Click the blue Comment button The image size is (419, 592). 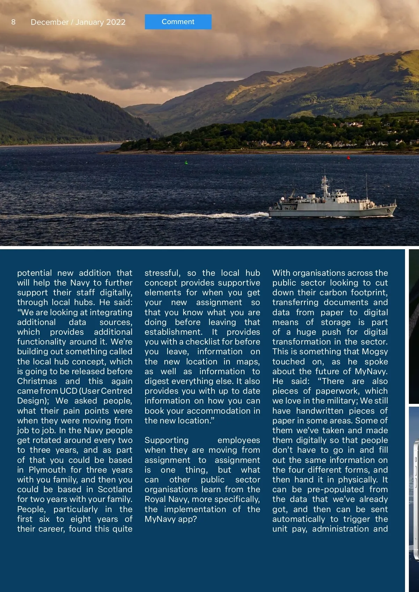coord(178,22)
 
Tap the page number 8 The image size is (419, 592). coord(13,22)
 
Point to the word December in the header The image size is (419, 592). coord(50,22)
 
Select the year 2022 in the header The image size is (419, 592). coord(116,22)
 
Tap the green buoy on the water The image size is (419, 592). coord(186,162)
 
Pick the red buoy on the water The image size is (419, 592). coord(348,158)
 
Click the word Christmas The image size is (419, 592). coord(37,381)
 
